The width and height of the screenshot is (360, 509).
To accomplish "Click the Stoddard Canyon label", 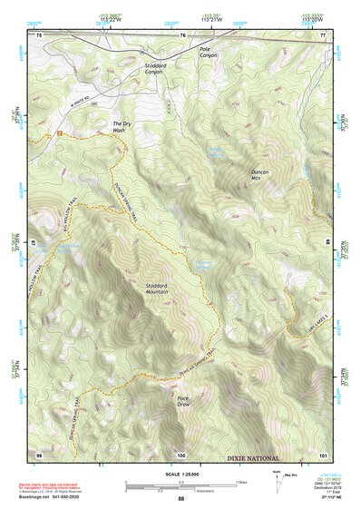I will pyautogui.click(x=155, y=68).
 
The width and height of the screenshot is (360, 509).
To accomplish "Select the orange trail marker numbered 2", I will pyautogui.click(x=59, y=134).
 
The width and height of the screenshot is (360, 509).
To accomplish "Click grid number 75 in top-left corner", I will pyautogui.click(x=39, y=34).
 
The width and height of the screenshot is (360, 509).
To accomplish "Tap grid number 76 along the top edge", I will pyautogui.click(x=182, y=34).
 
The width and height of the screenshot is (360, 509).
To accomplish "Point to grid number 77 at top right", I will pyautogui.click(x=322, y=34).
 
